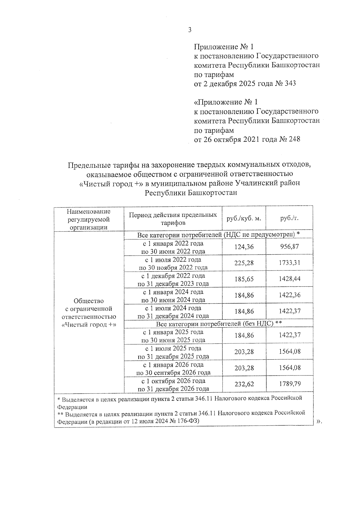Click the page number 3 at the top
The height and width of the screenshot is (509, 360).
point(189,30)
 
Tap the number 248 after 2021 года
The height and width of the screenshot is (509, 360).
point(294,139)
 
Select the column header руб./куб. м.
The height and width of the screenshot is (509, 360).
point(244,218)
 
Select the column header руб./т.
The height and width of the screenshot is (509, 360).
point(289,218)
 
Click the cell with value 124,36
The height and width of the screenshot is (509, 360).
point(244,247)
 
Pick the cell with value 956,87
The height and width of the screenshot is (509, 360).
point(289,247)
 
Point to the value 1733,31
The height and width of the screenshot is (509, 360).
point(289,263)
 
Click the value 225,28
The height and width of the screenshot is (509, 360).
point(244,263)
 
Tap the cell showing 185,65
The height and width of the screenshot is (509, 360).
point(244,279)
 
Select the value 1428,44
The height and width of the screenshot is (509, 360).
point(289,279)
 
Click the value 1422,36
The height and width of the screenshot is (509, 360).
point(289,295)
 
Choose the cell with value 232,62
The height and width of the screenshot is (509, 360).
point(244,384)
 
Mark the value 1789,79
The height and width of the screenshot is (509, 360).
point(289,384)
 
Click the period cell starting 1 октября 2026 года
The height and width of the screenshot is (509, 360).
point(173,385)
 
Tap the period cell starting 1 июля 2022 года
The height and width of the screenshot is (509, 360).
point(173,263)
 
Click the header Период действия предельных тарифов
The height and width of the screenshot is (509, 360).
point(173,219)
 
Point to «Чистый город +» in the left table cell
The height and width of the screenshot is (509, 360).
point(89,325)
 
